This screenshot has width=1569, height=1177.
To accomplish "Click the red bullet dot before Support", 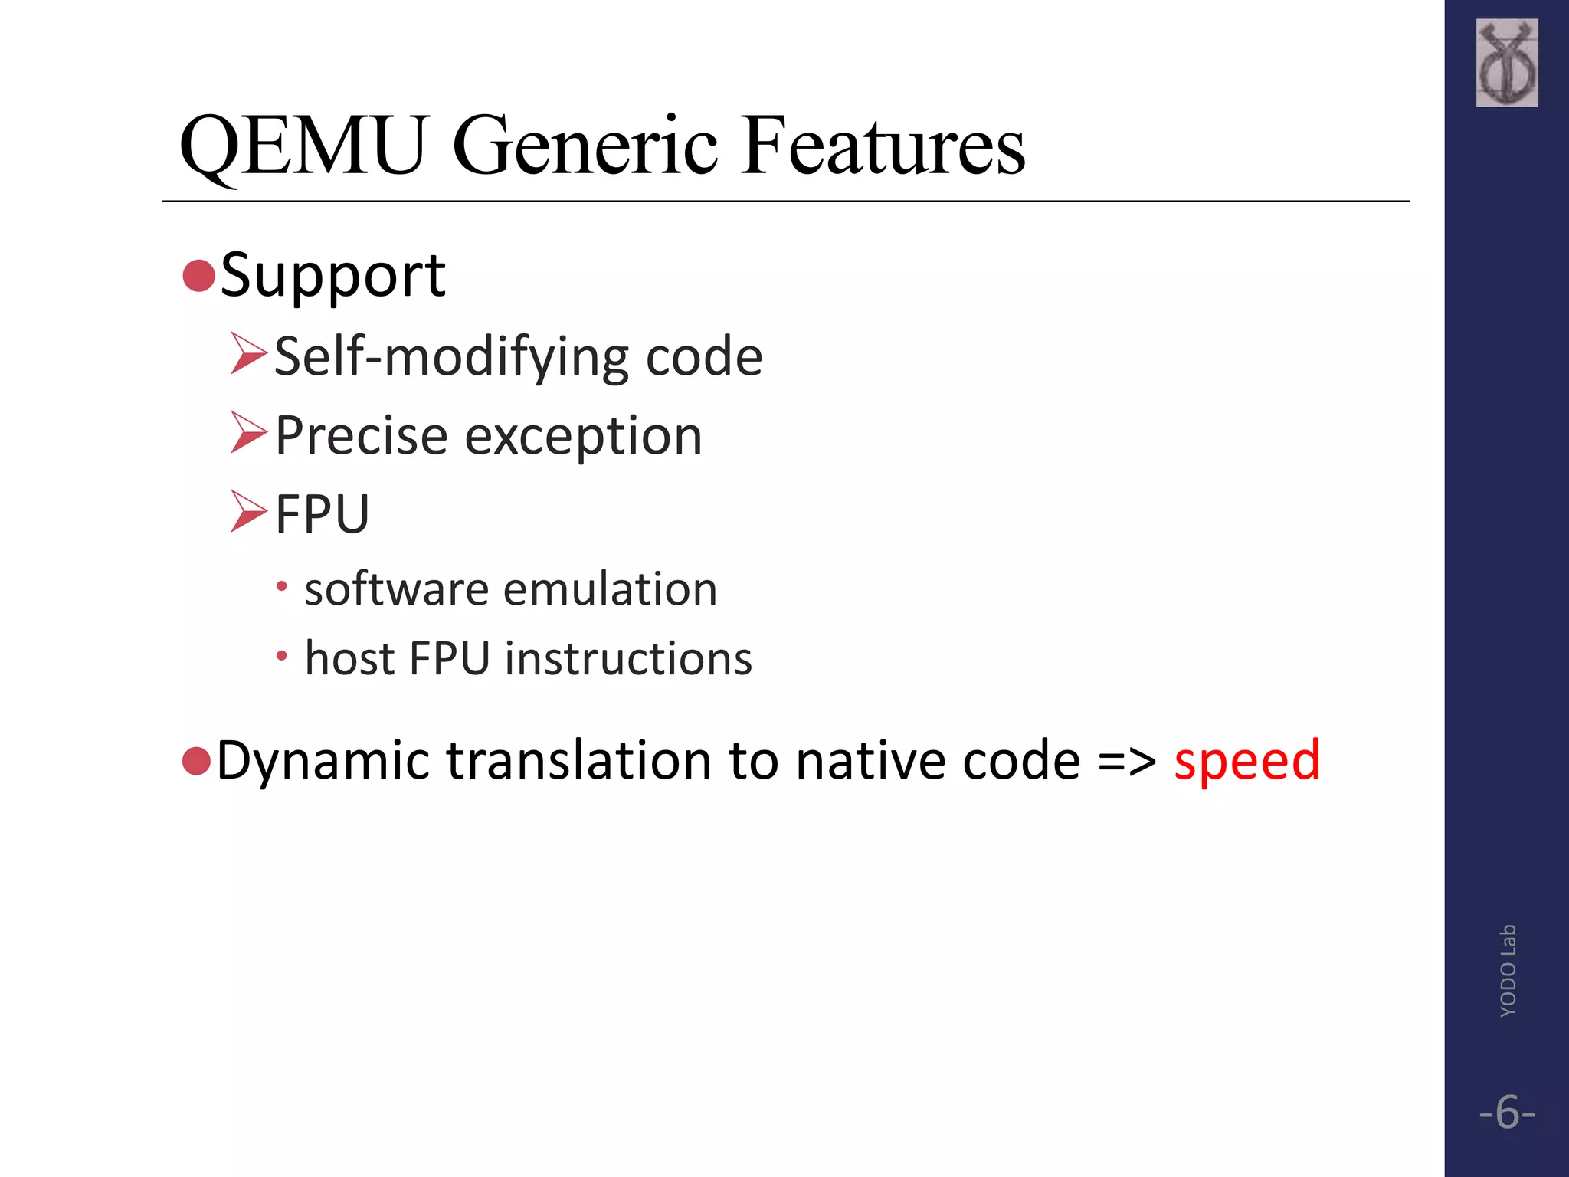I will tap(198, 276).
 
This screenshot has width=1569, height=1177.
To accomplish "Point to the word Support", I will tap(332, 276).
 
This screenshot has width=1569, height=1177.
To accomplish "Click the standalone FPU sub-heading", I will tap(322, 514).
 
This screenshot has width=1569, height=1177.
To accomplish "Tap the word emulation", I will tap(610, 589).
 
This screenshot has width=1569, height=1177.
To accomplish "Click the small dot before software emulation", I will tap(282, 587).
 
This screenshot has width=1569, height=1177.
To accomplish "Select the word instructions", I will tap(628, 658).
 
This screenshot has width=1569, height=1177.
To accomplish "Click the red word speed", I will tap(1246, 761).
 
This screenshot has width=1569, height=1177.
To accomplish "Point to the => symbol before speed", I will tap(1127, 761).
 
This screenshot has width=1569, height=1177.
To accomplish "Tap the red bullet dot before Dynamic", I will tap(197, 760).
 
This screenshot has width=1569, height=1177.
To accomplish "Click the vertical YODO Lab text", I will tap(1507, 971).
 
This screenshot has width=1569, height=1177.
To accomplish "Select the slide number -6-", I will tap(1507, 1112).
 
